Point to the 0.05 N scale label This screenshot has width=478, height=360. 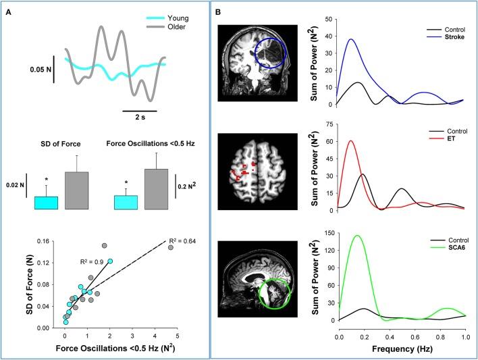click(x=42, y=68)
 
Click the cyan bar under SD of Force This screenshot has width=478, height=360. click(x=46, y=203)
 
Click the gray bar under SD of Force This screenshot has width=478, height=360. click(x=76, y=190)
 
